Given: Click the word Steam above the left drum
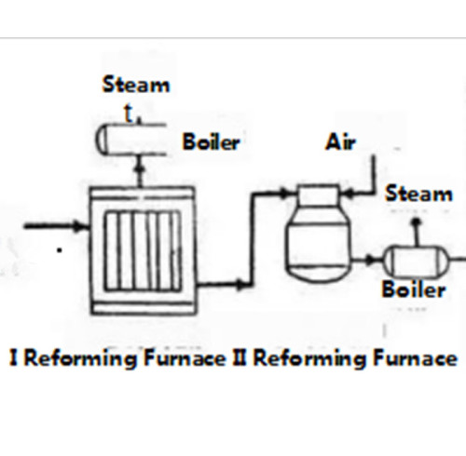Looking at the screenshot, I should tap(136, 85).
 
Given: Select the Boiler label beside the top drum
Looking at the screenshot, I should tap(212, 143).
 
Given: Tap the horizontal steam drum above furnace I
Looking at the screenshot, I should tap(136, 140).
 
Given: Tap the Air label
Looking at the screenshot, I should tap(342, 142).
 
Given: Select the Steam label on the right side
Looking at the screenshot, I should tap(418, 194).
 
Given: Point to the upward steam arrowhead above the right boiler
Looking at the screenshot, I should tap(417, 220).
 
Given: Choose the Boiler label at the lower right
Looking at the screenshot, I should tap(413, 289).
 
